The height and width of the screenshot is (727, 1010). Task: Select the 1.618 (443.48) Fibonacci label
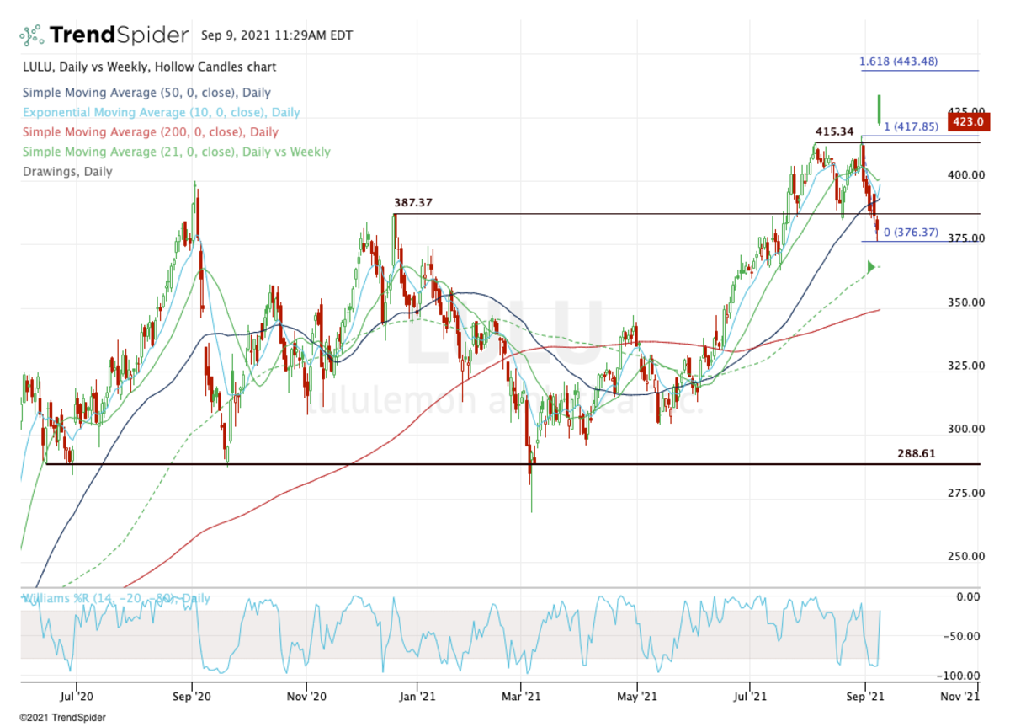pos(898,61)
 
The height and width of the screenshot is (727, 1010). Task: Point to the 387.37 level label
pos(418,203)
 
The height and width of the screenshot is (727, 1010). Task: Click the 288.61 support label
pos(916,453)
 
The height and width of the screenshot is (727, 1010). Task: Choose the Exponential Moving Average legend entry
pos(161,112)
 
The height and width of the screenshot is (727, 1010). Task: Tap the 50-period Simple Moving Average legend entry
pos(146,93)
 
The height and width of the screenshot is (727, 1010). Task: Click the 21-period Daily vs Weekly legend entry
pos(176,152)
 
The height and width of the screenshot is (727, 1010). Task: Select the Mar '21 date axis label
pos(522,697)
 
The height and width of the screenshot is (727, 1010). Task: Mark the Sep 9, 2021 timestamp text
pos(277,35)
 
